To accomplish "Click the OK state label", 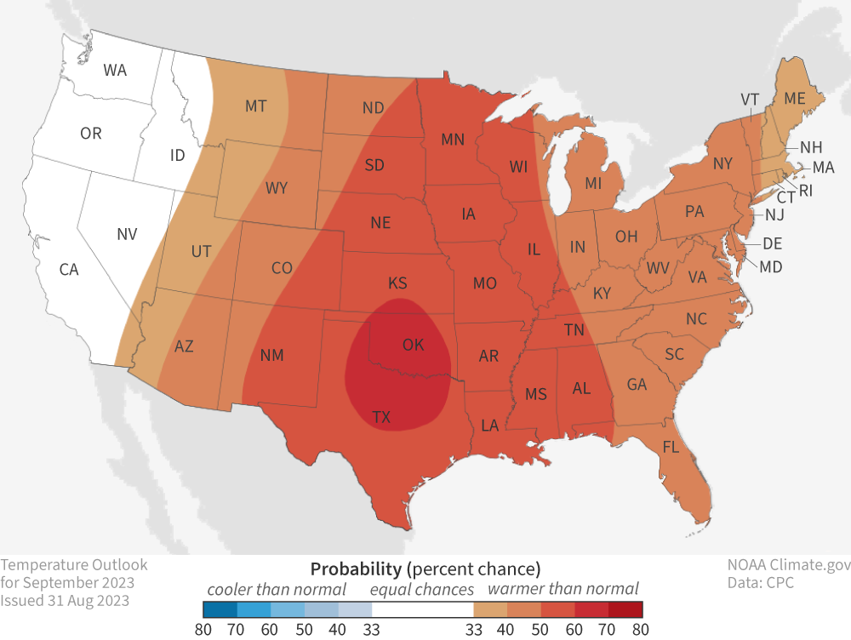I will tap(413, 345).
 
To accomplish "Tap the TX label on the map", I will tap(381, 416).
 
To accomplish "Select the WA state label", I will tap(115, 71).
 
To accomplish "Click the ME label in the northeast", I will tap(794, 99).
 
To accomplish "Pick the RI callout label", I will tap(805, 191).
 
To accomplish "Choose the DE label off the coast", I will tap(772, 243).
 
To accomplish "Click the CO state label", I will tap(282, 268).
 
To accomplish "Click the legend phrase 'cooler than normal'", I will tap(277, 589).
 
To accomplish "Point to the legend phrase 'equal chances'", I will tap(421, 589).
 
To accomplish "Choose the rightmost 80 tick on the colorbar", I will tap(642, 629).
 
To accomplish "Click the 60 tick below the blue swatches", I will tap(271, 629).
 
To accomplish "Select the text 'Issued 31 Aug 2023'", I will tap(65, 600).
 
